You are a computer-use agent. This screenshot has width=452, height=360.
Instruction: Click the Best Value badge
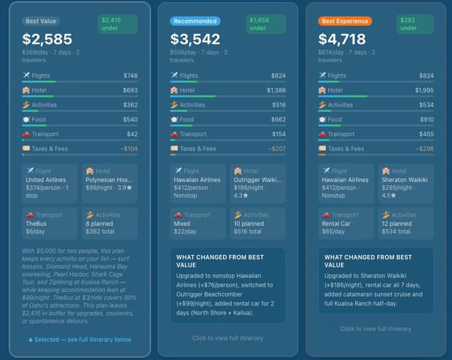(x=41, y=21)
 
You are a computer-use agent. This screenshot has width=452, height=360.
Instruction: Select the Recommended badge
(x=195, y=21)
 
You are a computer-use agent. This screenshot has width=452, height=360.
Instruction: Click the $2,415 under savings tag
(x=117, y=24)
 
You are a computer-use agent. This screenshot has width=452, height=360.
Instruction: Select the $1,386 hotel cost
(x=276, y=90)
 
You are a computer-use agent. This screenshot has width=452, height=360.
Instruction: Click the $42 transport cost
(x=132, y=134)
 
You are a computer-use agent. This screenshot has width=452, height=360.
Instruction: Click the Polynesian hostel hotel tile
(x=109, y=184)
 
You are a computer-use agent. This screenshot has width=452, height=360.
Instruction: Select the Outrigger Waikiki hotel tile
(x=257, y=184)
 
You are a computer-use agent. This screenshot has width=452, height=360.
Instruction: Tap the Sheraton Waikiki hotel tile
(x=405, y=184)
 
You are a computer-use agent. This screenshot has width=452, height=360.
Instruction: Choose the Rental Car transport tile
(x=346, y=223)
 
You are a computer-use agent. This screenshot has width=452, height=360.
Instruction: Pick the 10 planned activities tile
(x=257, y=223)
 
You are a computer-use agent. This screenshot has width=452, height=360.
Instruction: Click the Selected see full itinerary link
(x=79, y=340)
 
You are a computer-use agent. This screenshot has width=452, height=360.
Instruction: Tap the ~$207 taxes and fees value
(x=276, y=149)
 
